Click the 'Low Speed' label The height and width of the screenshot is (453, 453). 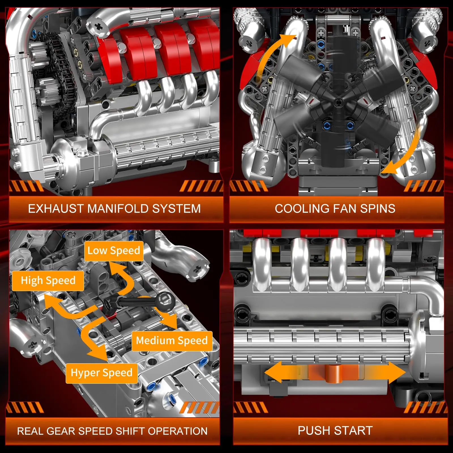(x=114, y=251)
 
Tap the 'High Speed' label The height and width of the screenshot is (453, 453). (x=48, y=281)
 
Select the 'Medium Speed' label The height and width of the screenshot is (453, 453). (x=172, y=341)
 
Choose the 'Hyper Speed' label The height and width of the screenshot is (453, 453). (x=101, y=373)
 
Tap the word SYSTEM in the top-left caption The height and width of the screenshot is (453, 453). (x=176, y=209)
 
